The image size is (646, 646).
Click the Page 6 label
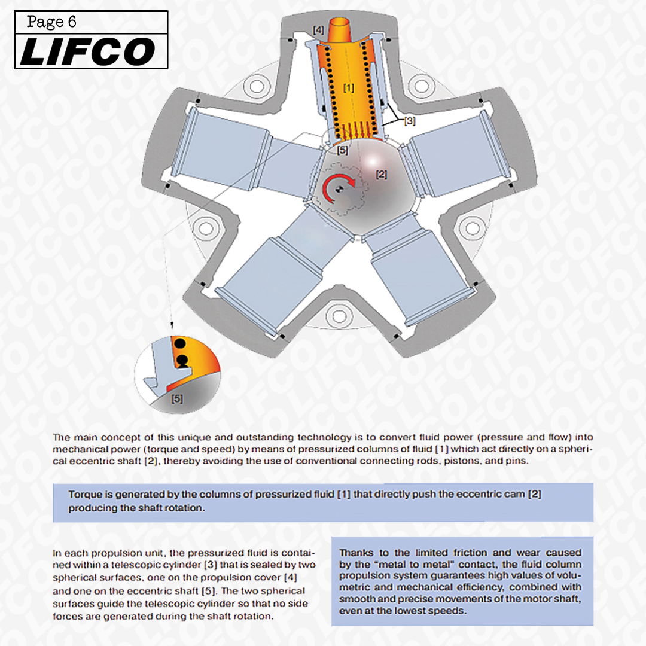[52, 22]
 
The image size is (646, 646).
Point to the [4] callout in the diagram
[319, 29]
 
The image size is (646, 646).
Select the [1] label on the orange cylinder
[348, 87]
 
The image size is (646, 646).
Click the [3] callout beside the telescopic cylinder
[409, 121]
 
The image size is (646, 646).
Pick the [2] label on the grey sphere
[381, 175]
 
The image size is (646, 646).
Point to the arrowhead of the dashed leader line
[172, 326]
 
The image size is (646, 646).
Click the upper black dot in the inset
[179, 343]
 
